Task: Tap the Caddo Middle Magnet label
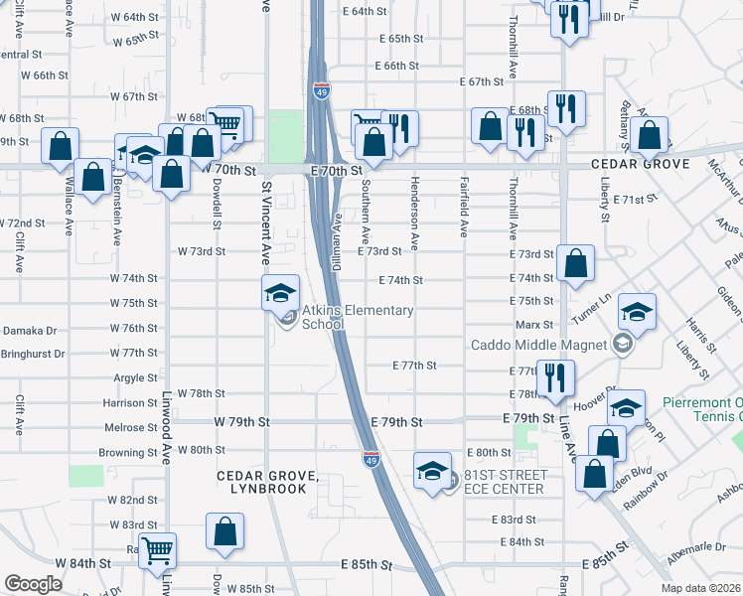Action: point(537,345)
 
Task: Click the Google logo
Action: point(33,584)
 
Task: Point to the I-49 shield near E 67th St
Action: point(321,91)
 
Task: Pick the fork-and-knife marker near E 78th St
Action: point(554,377)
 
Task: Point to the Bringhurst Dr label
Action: point(32,353)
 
